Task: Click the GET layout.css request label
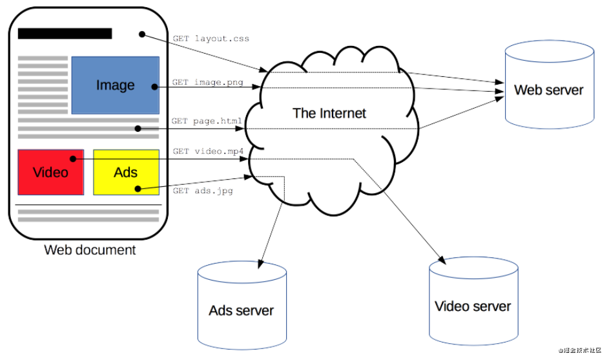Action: pos(211,39)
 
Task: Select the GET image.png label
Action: pos(208,82)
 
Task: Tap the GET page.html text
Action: pos(207,121)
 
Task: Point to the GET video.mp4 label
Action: pos(208,151)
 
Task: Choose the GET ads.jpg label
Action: pos(203,191)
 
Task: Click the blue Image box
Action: pos(116,85)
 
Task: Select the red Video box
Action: pos(51,172)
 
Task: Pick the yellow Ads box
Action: pos(126,172)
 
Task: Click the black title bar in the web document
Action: pos(65,34)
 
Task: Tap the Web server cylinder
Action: pos(550,85)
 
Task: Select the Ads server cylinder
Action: pos(242,305)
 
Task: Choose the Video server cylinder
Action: pos(473,301)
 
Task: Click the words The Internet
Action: pos(329,113)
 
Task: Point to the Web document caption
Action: pos(90,249)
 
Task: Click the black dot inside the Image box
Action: pos(154,87)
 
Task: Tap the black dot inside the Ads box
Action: pos(138,189)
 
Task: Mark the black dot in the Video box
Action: pos(72,158)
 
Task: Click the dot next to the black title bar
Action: pos(142,35)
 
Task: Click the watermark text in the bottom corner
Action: pos(580,350)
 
